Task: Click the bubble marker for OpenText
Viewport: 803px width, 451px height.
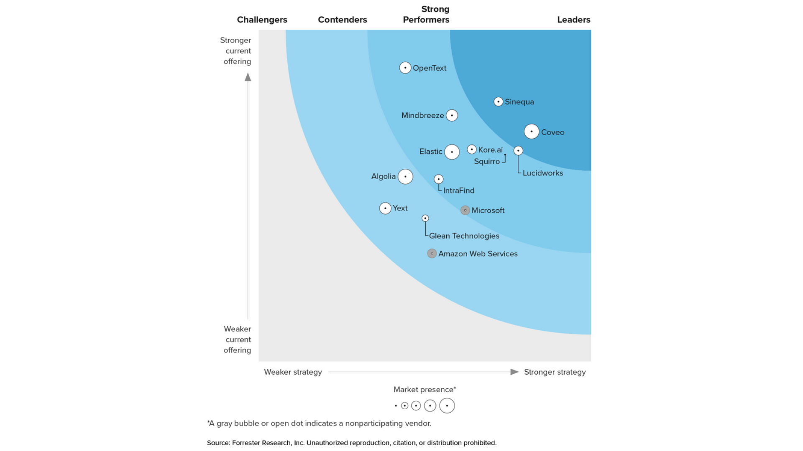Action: pyautogui.click(x=405, y=68)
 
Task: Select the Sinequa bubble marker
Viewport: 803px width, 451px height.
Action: pyautogui.click(x=498, y=101)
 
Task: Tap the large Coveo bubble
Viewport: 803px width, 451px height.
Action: pyautogui.click(x=532, y=132)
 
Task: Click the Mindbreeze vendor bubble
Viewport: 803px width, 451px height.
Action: pyautogui.click(x=452, y=115)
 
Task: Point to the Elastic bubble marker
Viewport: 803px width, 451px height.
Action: pyautogui.click(x=452, y=152)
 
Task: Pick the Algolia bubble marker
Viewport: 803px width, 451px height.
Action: pyautogui.click(x=405, y=177)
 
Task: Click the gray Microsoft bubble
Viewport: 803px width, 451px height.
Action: pyautogui.click(x=465, y=210)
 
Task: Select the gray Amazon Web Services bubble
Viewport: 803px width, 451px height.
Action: pyautogui.click(x=432, y=253)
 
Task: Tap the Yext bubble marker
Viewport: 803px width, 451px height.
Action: pyautogui.click(x=385, y=208)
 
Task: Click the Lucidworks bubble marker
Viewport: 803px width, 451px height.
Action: pyautogui.click(x=518, y=151)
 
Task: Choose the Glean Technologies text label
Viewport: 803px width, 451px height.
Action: pyautogui.click(x=464, y=236)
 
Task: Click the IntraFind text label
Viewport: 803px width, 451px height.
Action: pyautogui.click(x=459, y=190)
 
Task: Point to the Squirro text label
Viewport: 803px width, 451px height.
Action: pyautogui.click(x=487, y=162)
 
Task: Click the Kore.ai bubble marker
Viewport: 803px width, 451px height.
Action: pyautogui.click(x=472, y=149)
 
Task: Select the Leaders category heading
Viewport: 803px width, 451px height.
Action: pyautogui.click(x=573, y=20)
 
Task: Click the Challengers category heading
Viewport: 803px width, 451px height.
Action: pyautogui.click(x=262, y=20)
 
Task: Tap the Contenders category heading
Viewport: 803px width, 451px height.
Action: pyautogui.click(x=342, y=20)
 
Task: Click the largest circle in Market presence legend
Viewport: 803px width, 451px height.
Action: pyautogui.click(x=447, y=405)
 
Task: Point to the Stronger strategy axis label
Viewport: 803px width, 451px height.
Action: pyautogui.click(x=555, y=372)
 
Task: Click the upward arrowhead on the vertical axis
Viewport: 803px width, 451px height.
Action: pyautogui.click(x=248, y=77)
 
